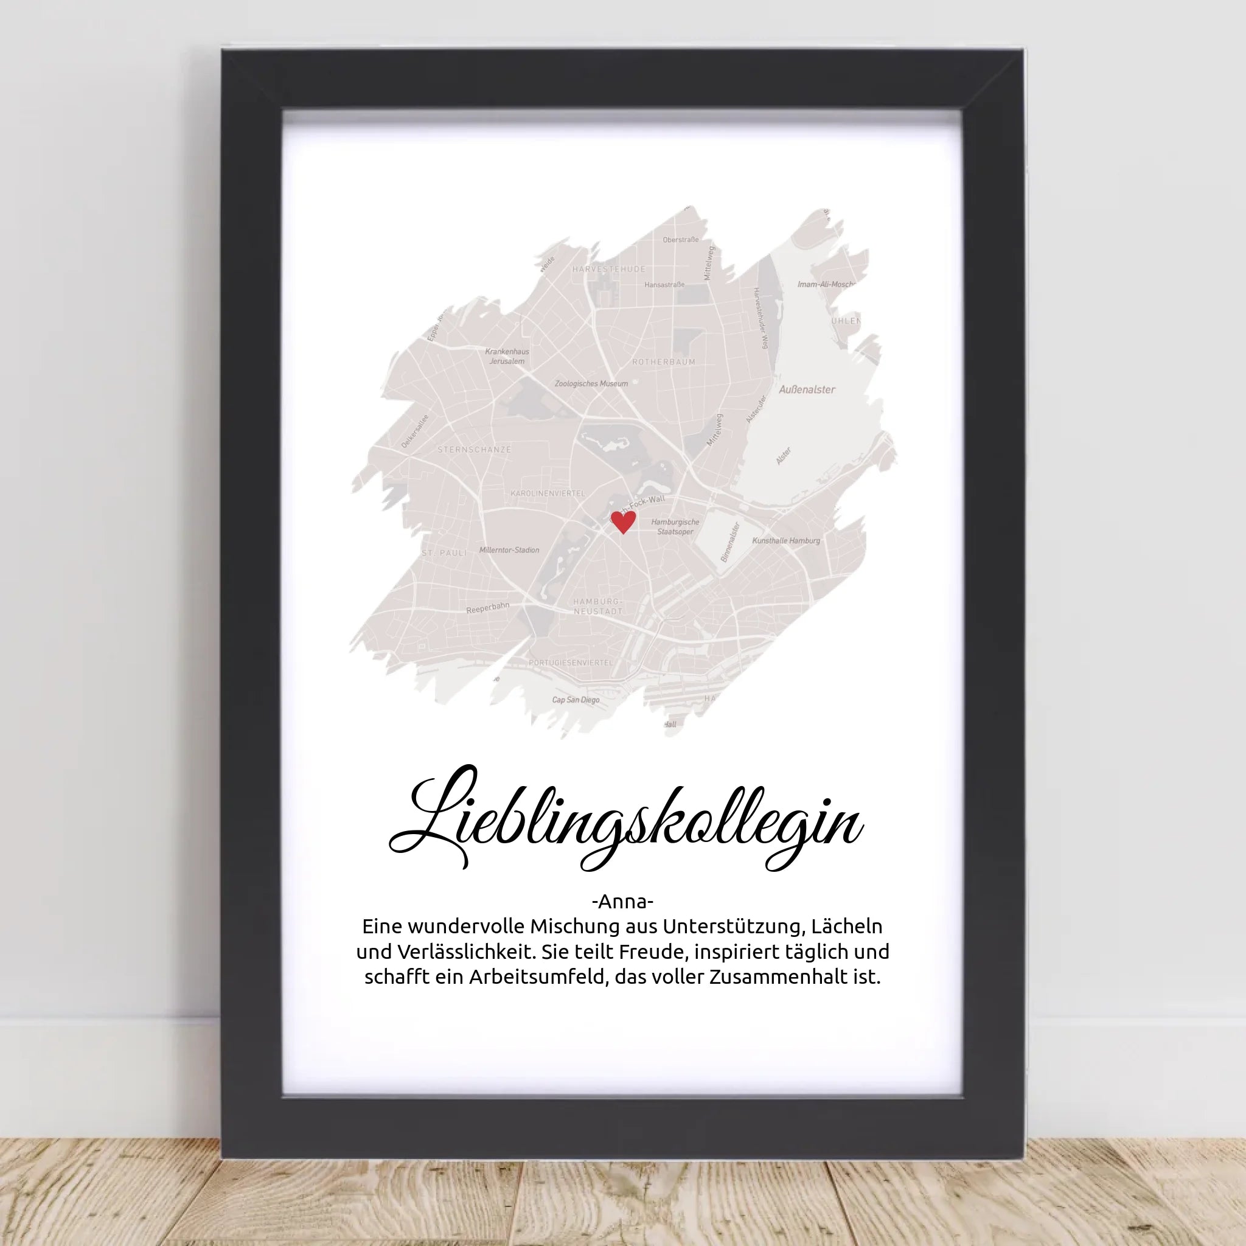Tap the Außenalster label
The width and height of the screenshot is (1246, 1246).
pos(807,389)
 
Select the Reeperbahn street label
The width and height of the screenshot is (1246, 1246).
pos(487,608)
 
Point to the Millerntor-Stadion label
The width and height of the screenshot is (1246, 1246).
pos(509,550)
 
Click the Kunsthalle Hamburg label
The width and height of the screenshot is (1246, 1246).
pos(785,540)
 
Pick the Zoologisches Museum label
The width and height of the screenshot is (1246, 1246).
pos(591,384)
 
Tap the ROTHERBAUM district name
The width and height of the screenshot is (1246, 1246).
pos(664,362)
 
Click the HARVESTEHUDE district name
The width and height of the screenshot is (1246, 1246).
pos(608,269)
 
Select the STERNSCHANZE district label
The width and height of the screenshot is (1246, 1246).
pos(474,450)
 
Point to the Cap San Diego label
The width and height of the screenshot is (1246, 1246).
pos(576,700)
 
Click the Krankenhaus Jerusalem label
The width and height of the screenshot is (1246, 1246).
pos(507,356)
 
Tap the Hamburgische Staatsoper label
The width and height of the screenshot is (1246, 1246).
pos(675,527)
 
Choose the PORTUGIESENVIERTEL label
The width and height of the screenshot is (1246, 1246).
pos(571,663)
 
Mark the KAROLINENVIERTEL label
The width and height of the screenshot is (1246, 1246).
pos(548,493)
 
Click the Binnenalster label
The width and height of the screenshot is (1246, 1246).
pos(729,541)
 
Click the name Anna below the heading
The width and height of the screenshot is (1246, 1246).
pos(622,901)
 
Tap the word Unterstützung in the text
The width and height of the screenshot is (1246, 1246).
pos(732,927)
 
